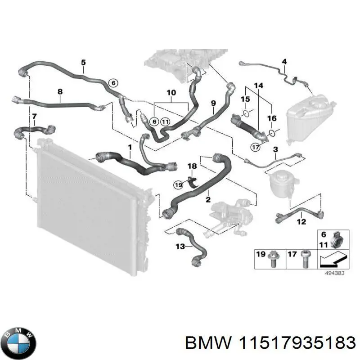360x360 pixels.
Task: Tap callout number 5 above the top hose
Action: coord(83,62)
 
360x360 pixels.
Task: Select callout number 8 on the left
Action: coord(60,92)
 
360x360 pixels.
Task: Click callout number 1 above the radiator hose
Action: coord(130,147)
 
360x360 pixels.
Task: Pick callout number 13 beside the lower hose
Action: coord(180,246)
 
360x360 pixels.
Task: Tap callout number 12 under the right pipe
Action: coord(301,221)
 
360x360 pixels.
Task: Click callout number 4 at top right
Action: coord(284,61)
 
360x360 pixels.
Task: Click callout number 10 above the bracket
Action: coord(171,93)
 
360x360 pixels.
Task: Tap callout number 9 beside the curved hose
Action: coord(213,103)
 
